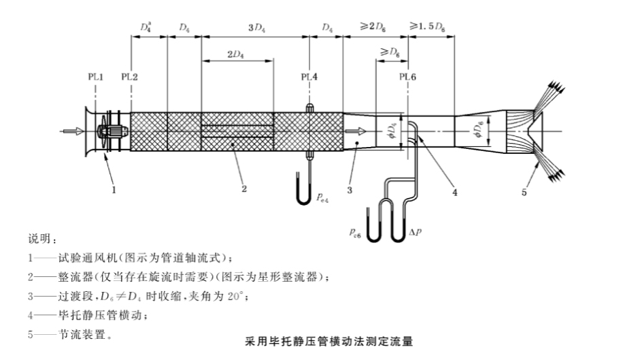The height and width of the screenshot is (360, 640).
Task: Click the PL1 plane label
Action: coord(96,77)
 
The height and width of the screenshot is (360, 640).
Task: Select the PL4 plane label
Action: coord(309,77)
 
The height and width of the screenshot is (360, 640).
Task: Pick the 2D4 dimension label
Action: coord(237,54)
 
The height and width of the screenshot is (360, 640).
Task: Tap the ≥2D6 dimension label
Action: coord(374,28)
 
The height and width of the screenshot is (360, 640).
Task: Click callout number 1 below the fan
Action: coord(114,191)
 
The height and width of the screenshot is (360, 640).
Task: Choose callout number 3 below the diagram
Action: coord(349,191)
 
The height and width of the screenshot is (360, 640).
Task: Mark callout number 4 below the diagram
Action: coord(454,192)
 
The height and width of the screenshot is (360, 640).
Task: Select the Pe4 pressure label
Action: coord(323,197)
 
